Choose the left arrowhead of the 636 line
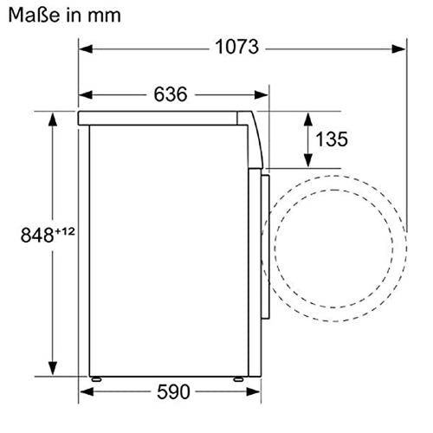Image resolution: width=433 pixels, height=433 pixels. coord(84,94)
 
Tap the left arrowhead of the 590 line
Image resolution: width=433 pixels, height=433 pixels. coord(84,392)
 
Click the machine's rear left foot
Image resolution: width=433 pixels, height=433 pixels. coord(96,378)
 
